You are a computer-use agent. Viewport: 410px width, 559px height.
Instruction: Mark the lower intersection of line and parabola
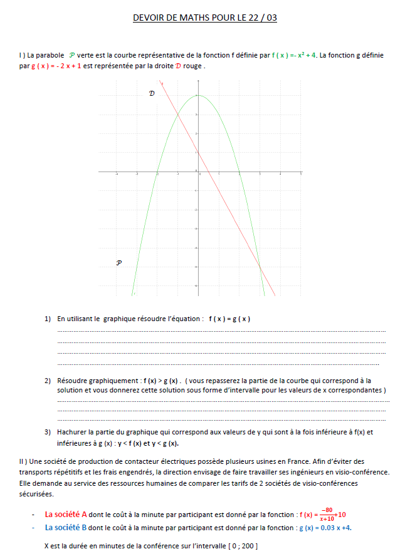[260, 267]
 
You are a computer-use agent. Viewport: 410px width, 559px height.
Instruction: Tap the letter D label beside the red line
[151, 93]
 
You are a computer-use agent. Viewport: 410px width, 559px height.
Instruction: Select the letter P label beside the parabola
[118, 263]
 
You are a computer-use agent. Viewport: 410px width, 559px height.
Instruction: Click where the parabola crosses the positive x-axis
[239, 172]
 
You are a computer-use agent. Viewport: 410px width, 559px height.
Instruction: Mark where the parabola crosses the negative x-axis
[157, 172]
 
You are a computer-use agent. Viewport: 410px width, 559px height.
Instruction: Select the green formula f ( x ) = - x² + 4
[294, 56]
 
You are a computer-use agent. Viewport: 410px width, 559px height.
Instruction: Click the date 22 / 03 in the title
[262, 18]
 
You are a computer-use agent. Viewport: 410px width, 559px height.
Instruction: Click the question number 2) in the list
[48, 380]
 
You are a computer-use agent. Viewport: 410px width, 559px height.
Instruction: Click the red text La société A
[66, 515]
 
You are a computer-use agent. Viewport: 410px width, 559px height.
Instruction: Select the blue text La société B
[66, 527]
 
